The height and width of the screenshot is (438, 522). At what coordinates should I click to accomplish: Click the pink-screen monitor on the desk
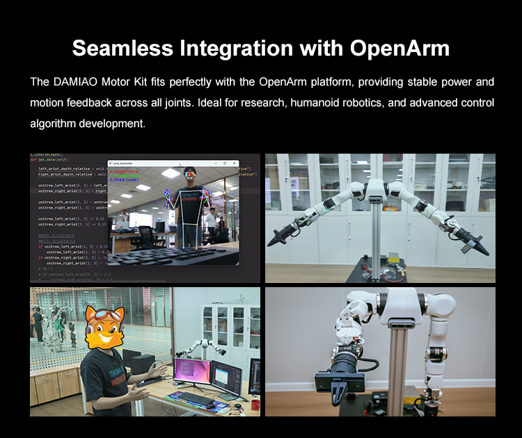(x=193, y=372)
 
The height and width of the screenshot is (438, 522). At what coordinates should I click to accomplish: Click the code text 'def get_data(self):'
(x=52, y=158)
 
